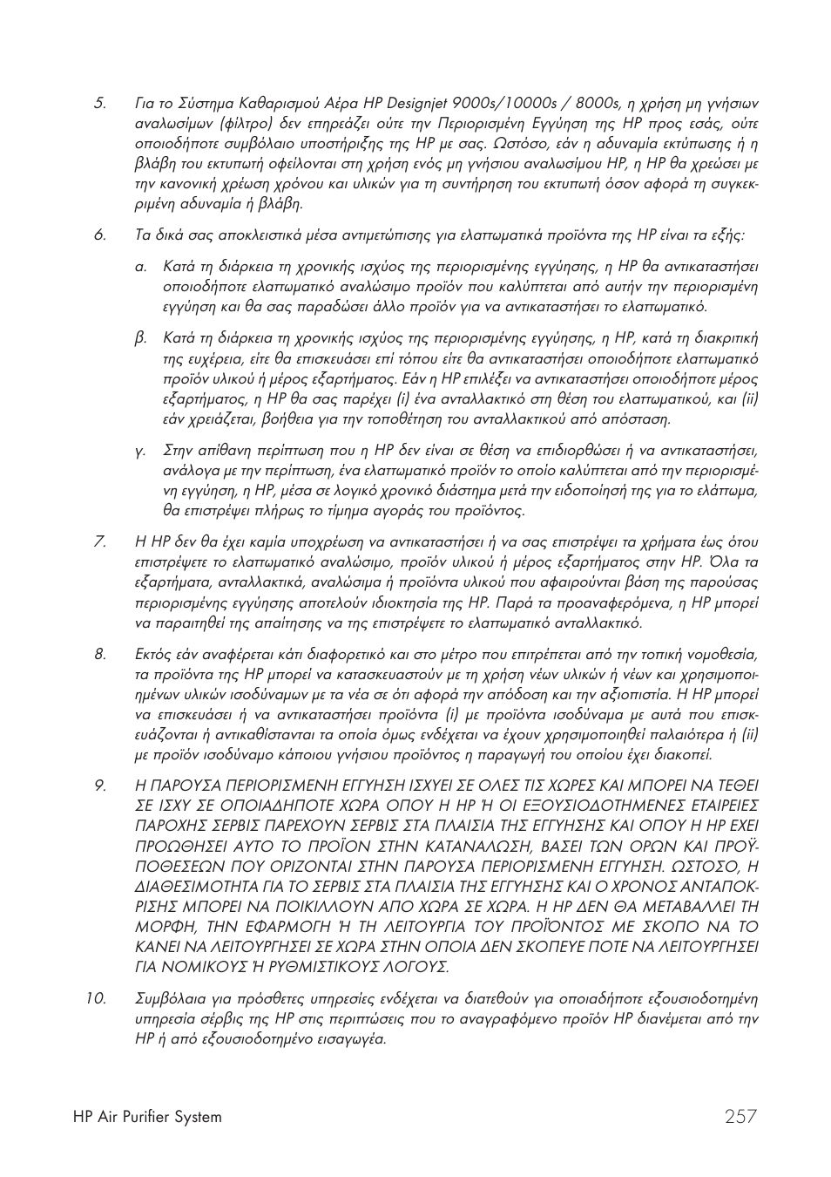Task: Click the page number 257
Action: [x=739, y=1116]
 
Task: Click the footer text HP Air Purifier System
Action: [x=147, y=1117]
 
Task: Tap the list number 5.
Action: [x=99, y=104]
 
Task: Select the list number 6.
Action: [x=99, y=235]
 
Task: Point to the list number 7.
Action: [x=99, y=542]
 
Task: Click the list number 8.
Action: [x=99, y=654]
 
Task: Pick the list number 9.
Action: [x=99, y=786]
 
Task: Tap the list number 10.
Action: [x=96, y=999]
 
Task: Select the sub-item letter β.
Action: [x=140, y=338]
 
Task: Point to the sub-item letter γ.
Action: [x=139, y=451]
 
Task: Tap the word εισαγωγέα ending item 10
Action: [x=355, y=1039]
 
